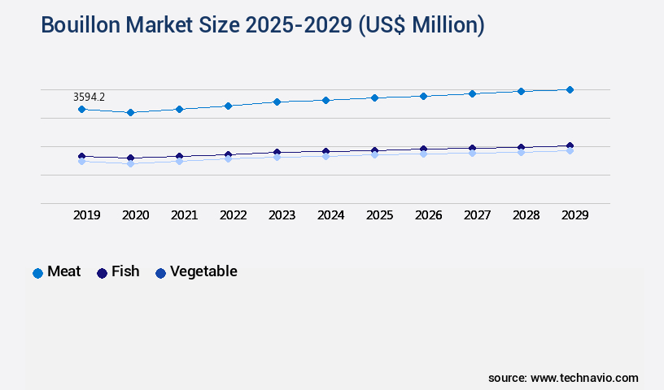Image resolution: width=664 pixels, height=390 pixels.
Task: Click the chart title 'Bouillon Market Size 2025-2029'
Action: (262, 25)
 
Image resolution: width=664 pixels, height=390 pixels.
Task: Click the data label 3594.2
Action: (89, 97)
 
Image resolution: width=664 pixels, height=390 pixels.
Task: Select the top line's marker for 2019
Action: (81, 109)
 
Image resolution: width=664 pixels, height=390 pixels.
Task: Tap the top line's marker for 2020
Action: (130, 112)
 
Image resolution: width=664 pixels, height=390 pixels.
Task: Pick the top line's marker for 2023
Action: (277, 102)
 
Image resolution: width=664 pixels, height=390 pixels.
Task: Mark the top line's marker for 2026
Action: (423, 96)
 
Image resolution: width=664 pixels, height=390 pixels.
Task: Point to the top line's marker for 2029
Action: (570, 89)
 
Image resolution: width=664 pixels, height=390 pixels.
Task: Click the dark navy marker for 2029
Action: (570, 146)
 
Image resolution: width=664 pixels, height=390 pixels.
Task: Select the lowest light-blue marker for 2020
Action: (130, 163)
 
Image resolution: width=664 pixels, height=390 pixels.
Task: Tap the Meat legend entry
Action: (56, 272)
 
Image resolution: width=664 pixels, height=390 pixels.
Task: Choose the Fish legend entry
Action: (118, 272)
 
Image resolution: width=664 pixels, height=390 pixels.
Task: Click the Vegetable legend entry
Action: (196, 272)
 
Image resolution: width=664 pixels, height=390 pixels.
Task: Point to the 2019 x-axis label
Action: (87, 215)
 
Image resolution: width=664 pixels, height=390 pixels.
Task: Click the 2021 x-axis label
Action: (185, 215)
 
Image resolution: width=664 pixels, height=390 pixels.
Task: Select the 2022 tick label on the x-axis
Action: (234, 215)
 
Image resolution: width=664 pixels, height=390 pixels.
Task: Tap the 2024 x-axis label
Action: (331, 215)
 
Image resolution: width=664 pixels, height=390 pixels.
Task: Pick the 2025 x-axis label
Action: (380, 215)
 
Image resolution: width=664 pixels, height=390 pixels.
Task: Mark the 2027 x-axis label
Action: (478, 215)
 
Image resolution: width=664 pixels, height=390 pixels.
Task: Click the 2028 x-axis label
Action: (526, 215)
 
